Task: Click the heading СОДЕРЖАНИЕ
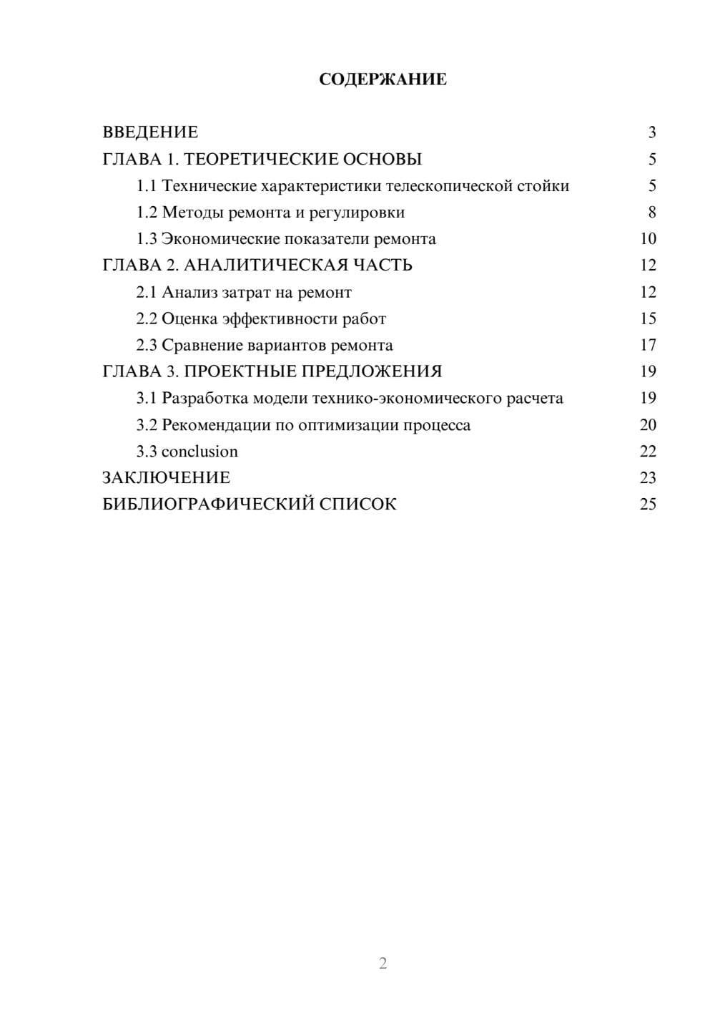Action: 383,79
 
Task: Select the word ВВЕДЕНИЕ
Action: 150,132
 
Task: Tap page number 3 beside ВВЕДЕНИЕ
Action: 652,132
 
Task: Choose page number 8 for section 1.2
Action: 652,213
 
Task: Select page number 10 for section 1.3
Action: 648,239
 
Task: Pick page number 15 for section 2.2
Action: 648,318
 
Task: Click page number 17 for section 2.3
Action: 648,345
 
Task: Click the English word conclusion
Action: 199,452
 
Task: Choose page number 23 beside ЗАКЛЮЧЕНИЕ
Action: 648,478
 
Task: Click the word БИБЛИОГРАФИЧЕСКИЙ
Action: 208,505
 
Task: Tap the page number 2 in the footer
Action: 383,963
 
